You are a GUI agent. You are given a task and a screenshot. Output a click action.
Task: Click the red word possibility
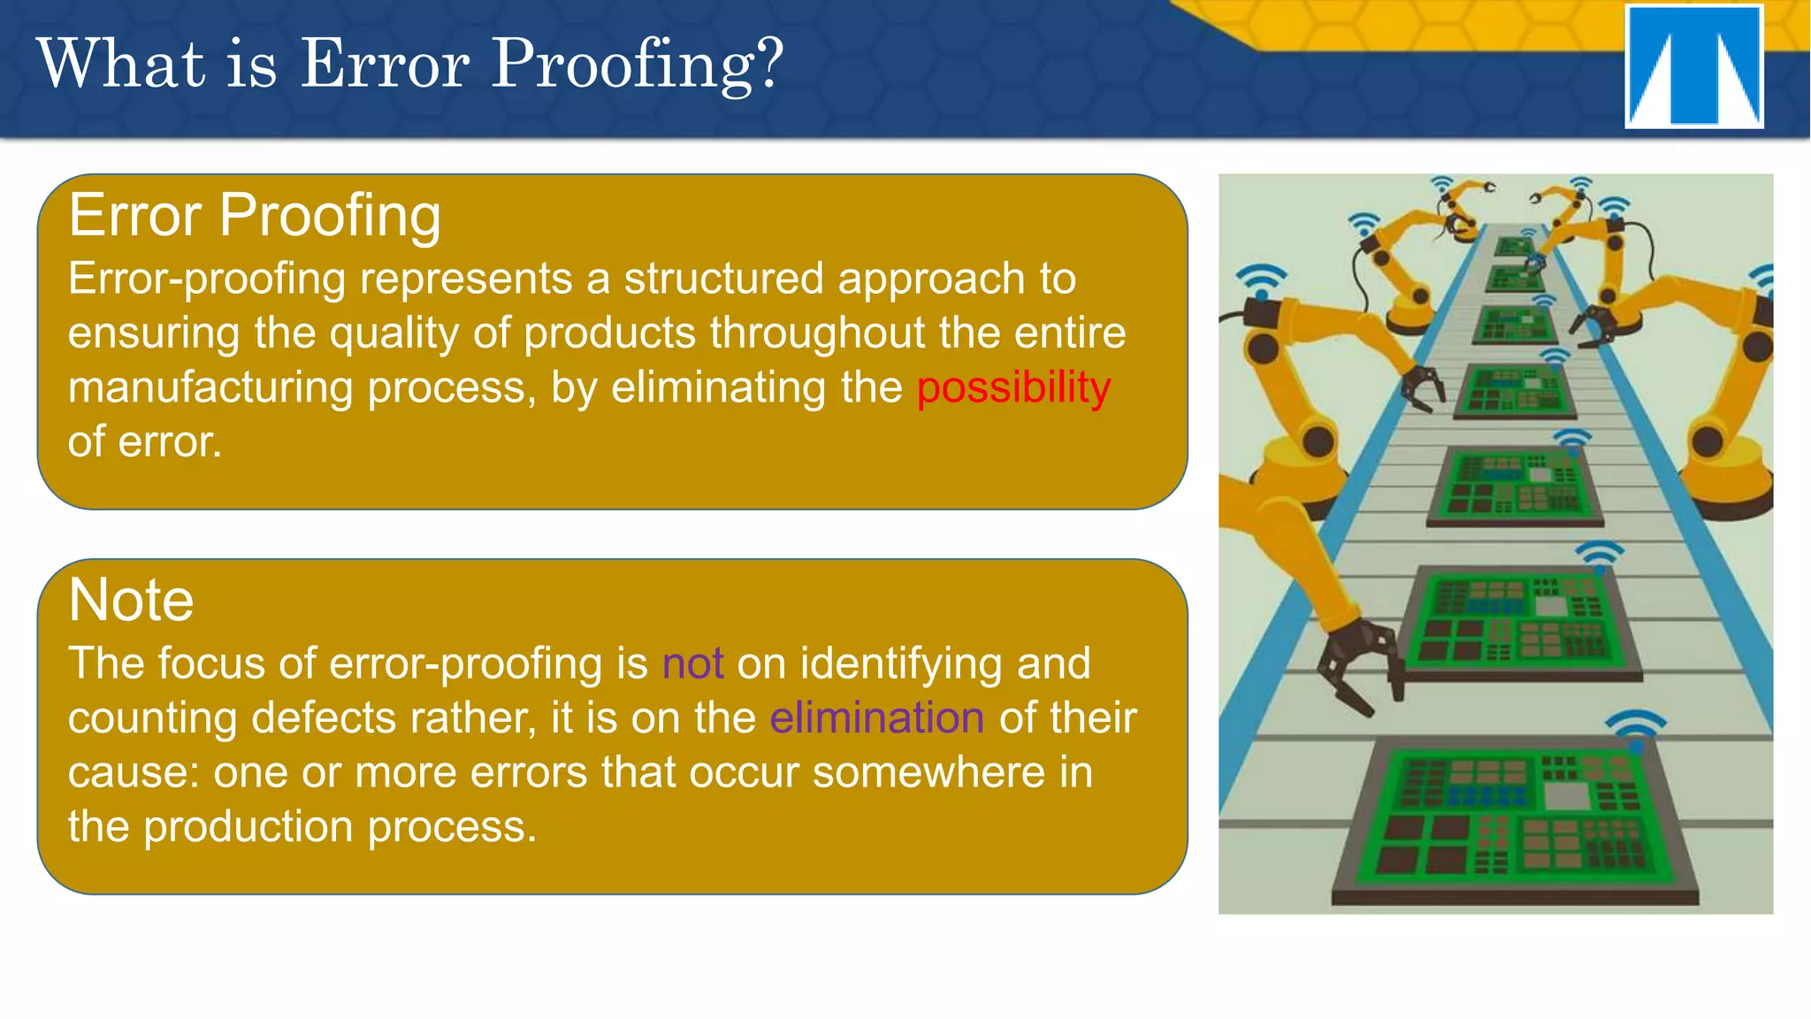click(x=1013, y=387)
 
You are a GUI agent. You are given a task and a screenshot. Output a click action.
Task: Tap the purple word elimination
click(x=876, y=717)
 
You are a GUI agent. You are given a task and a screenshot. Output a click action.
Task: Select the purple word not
click(x=692, y=663)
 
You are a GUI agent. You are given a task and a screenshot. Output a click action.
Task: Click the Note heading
click(x=131, y=601)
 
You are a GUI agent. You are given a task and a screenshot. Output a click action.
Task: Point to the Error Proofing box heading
click(x=255, y=215)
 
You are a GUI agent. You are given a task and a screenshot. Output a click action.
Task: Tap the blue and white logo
click(x=1693, y=67)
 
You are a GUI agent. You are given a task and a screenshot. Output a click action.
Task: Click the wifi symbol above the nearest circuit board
click(x=1635, y=728)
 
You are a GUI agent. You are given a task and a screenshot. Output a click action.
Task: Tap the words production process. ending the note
click(x=340, y=827)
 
